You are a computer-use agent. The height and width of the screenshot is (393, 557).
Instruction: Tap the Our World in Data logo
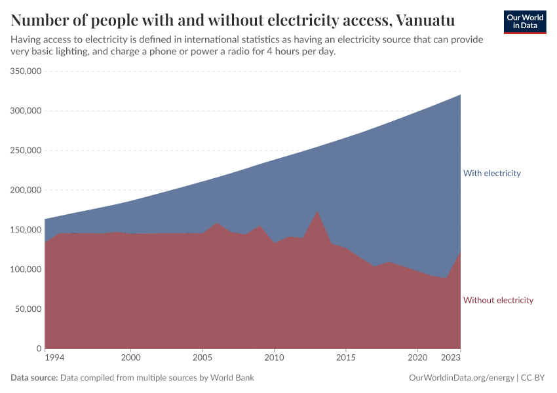pyautogui.click(x=525, y=22)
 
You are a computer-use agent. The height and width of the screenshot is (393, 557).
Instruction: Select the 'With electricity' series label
pyautogui.click(x=491, y=174)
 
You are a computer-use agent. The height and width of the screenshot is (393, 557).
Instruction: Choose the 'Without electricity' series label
pyautogui.click(x=498, y=301)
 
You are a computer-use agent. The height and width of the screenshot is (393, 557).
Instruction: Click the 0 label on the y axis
pyautogui.click(x=39, y=348)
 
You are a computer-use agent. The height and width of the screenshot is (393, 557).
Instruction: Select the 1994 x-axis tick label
pyautogui.click(x=54, y=358)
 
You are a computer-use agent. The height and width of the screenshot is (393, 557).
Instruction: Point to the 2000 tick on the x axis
pyautogui.click(x=131, y=358)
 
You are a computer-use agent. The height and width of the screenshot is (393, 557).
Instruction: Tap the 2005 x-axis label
pyautogui.click(x=202, y=358)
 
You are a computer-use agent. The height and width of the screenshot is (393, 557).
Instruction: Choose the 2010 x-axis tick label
pyautogui.click(x=274, y=358)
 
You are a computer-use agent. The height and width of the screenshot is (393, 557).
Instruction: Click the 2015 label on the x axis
pyautogui.click(x=346, y=358)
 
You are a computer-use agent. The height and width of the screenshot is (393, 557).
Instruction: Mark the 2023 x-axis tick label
pyautogui.click(x=451, y=358)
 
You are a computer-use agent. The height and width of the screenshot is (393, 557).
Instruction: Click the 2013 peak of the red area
pyautogui.click(x=317, y=212)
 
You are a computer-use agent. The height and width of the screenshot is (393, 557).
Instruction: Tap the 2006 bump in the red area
pyautogui.click(x=217, y=223)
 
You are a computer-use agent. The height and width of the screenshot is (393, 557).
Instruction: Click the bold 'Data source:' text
pyautogui.click(x=34, y=378)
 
